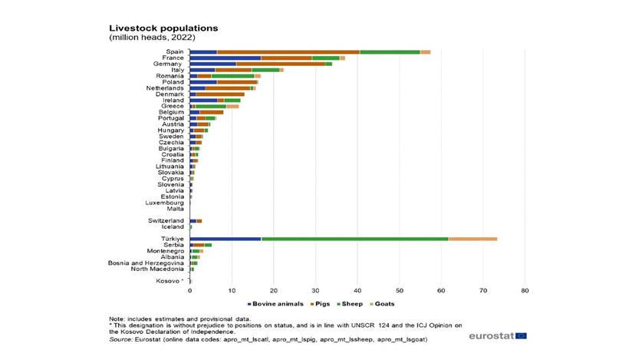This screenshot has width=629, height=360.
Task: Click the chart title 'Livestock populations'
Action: click(163, 27)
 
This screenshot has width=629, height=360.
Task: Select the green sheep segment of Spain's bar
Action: click(390, 51)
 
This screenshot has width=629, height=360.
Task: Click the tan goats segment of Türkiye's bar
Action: click(473, 239)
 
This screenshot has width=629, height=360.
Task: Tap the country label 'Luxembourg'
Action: click(165, 202)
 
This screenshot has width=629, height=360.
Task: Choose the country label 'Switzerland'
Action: click(166, 220)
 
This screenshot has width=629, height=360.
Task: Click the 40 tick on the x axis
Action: click(357, 292)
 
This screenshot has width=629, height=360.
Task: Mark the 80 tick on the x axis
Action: click(525, 292)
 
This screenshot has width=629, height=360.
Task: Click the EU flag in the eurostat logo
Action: click(522, 335)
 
